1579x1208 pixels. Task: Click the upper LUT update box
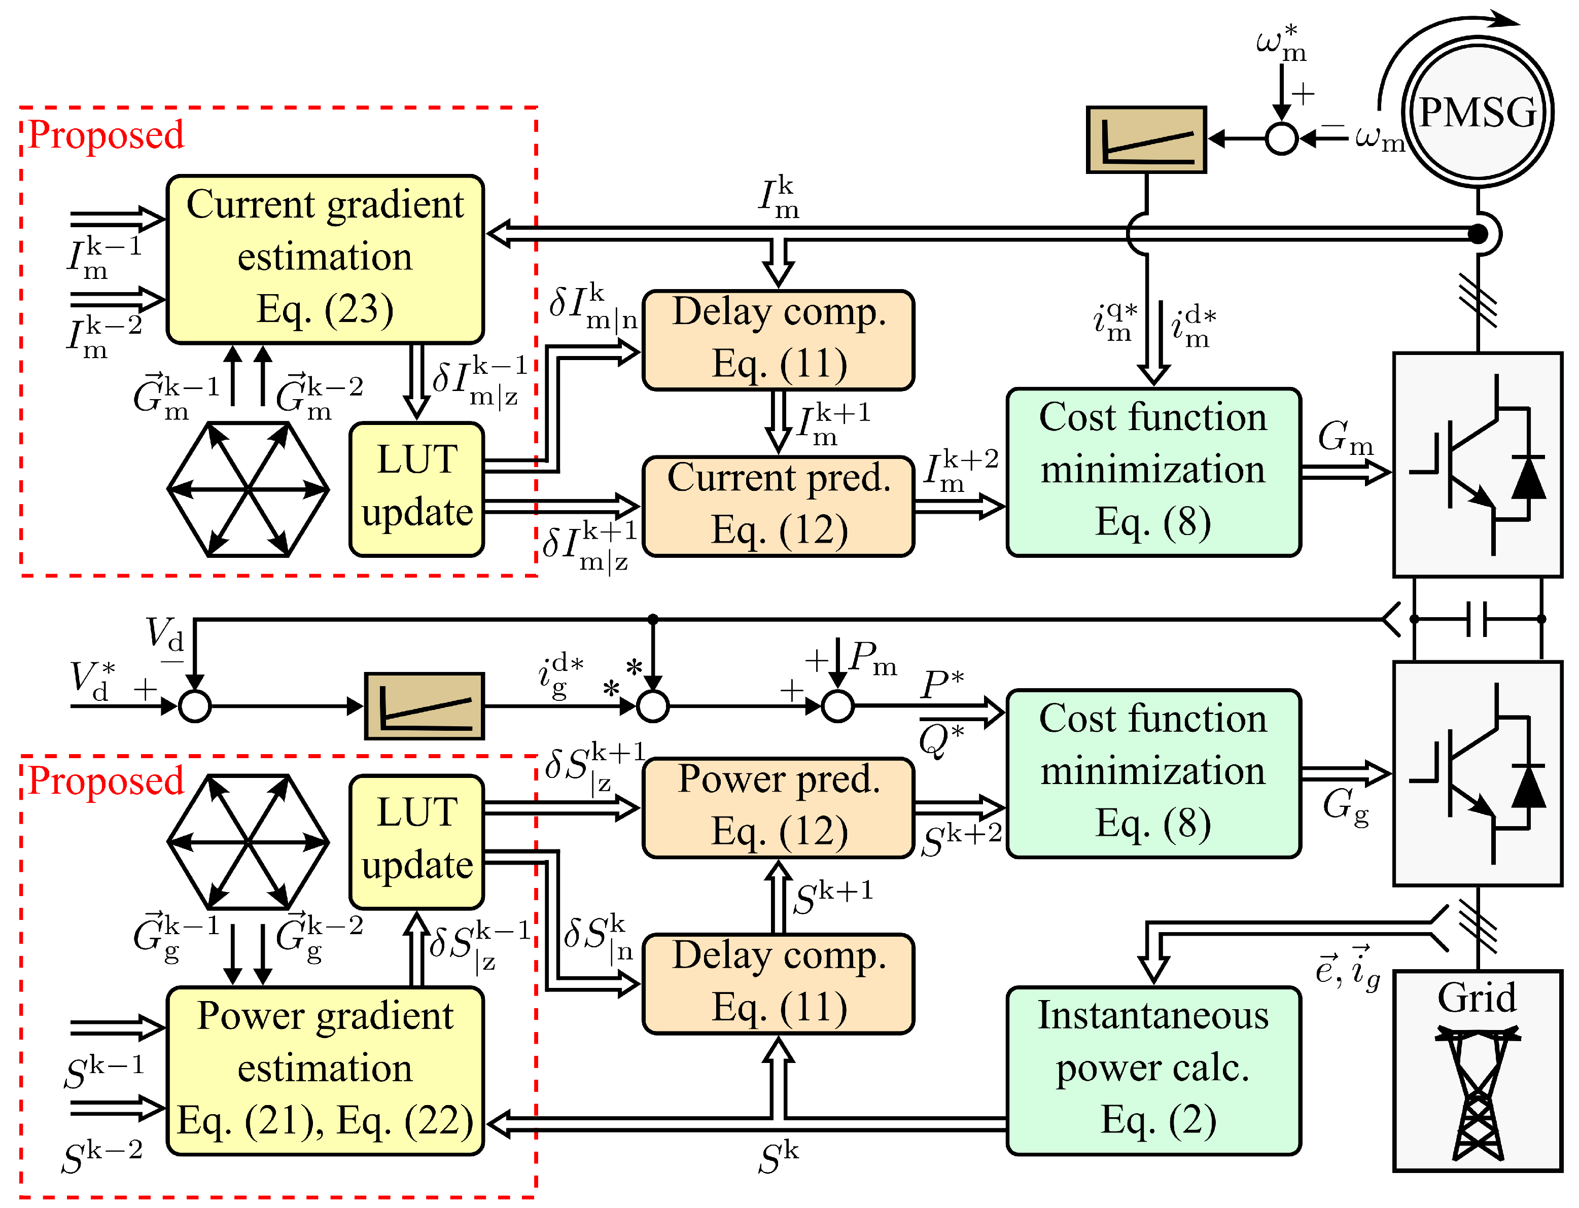(416, 489)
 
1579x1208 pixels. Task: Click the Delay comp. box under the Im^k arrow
(778, 339)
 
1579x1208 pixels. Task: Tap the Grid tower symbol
(1477, 1093)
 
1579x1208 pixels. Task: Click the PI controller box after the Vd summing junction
(424, 705)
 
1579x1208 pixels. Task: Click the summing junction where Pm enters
(837, 705)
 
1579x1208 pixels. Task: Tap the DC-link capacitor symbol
(1477, 618)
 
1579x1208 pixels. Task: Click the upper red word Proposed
(106, 135)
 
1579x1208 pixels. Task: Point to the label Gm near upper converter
(1345, 437)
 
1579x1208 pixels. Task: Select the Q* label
(940, 740)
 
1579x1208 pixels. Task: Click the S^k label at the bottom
(778, 1158)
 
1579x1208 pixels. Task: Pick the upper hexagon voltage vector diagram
(248, 489)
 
